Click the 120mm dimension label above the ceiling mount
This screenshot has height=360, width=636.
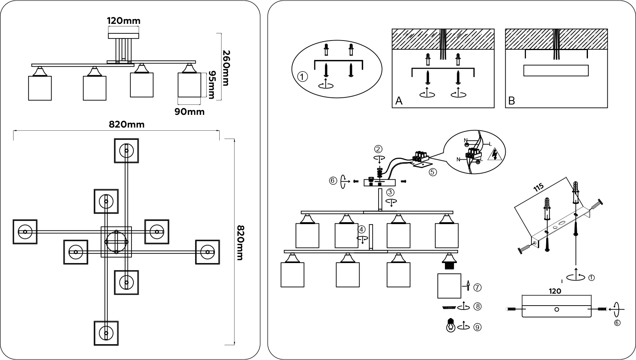[x=124, y=21]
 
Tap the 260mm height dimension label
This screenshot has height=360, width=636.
[x=226, y=68]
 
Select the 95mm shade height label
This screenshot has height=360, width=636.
[x=212, y=85]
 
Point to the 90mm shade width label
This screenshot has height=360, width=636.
[x=189, y=112]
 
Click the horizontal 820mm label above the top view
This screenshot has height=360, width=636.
[x=127, y=124]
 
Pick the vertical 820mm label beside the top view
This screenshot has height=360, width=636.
[x=240, y=243]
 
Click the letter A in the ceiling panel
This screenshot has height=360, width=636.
[x=398, y=101]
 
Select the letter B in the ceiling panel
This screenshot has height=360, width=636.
[x=511, y=101]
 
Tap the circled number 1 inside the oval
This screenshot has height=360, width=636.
[x=302, y=77]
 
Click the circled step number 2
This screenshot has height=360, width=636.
[x=378, y=149]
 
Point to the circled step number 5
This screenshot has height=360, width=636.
[x=433, y=172]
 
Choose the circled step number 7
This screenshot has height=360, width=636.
[x=477, y=288]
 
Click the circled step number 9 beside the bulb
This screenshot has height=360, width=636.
[x=477, y=327]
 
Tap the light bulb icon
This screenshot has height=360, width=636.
[x=450, y=325]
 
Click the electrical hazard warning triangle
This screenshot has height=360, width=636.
[x=495, y=155]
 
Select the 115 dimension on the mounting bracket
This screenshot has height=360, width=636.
[x=538, y=188]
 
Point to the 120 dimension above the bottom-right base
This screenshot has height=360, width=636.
[x=555, y=291]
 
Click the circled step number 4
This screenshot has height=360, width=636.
[x=361, y=229]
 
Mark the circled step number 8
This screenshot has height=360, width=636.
[x=477, y=307]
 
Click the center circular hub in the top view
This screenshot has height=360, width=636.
[x=116, y=242]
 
